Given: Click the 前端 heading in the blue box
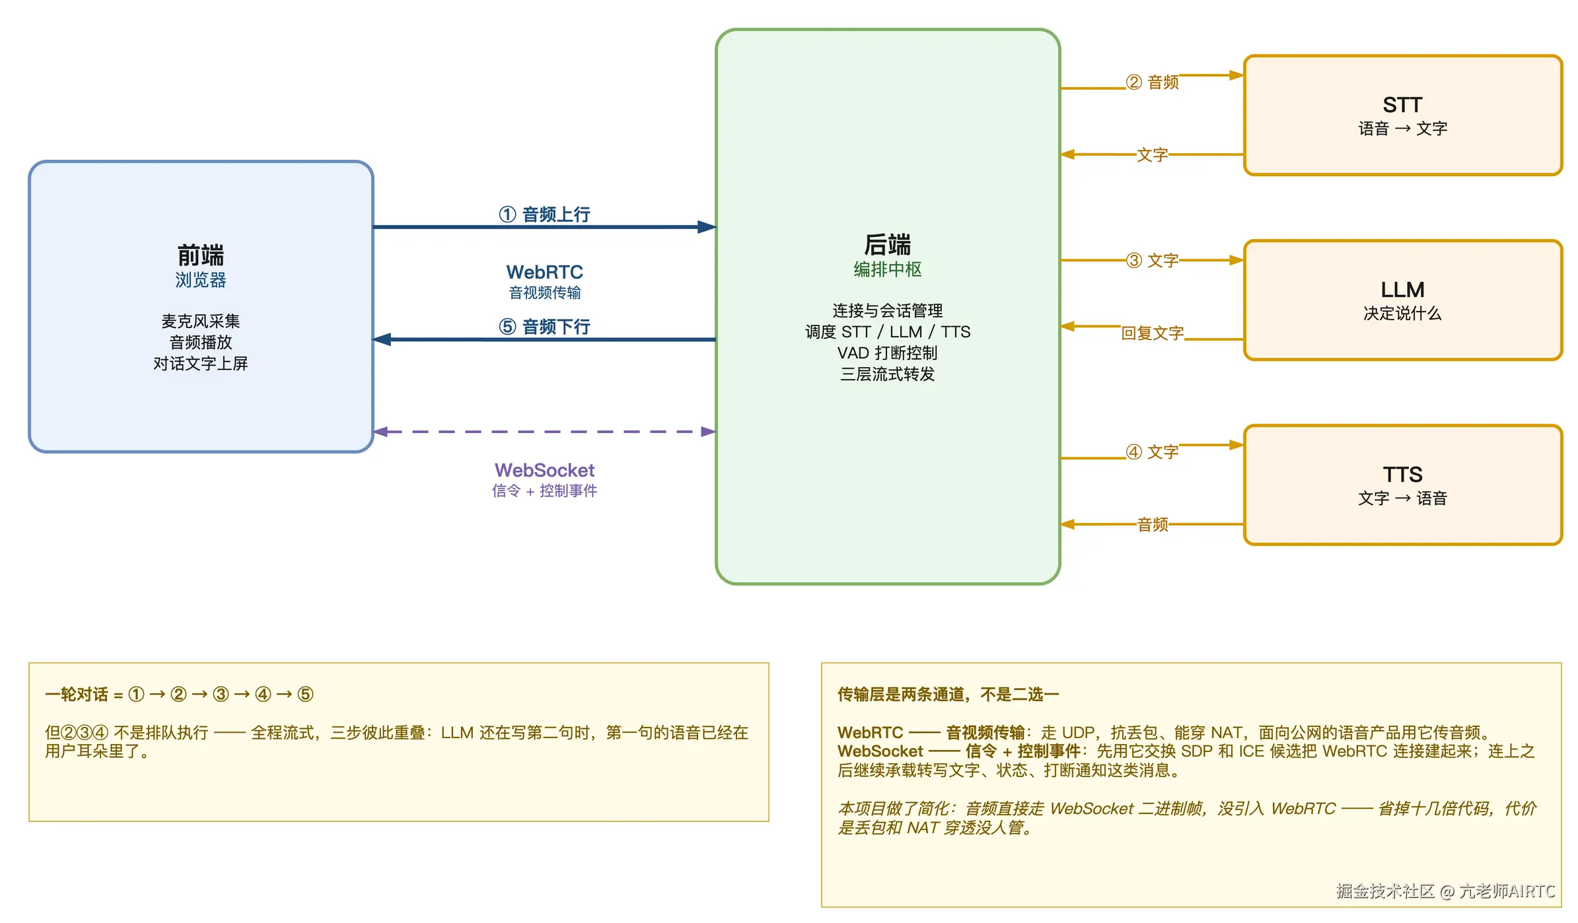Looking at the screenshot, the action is [x=201, y=255].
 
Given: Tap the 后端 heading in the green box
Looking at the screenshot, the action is [x=888, y=244].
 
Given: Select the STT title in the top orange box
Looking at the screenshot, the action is [x=1402, y=105].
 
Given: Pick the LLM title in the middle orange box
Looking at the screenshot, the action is [x=1402, y=290].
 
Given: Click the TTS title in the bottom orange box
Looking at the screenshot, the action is [x=1402, y=475].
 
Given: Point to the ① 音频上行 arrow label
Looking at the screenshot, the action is [x=544, y=215].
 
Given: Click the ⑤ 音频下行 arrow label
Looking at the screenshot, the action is [x=544, y=327].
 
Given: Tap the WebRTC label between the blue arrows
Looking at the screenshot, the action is [x=544, y=272].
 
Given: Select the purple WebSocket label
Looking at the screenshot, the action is [x=544, y=470].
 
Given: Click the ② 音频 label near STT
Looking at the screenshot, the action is [x=1153, y=82].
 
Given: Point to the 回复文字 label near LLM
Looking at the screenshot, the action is [x=1153, y=333].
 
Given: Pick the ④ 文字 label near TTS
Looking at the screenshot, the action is [x=1153, y=452].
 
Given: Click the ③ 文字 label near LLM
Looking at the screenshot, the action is [x=1153, y=260].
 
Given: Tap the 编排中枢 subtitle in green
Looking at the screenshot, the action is [x=888, y=269].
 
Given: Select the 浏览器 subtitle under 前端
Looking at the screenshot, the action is [x=201, y=280].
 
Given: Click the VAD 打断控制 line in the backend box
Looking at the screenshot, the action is [x=888, y=353].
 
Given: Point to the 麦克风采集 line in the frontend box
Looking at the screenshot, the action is [x=201, y=322].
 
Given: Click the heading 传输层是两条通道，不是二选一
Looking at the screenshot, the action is [x=949, y=695].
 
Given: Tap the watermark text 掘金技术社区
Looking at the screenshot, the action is [x=1385, y=891].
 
